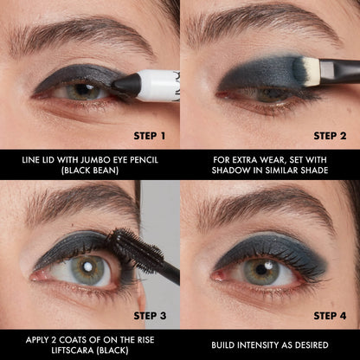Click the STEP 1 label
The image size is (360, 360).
(x=148, y=135)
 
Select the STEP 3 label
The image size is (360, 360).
(x=148, y=315)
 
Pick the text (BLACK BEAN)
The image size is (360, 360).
(x=90, y=170)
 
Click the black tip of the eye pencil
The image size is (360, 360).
(x=126, y=84)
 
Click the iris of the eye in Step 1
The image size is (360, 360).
(x=80, y=90)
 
